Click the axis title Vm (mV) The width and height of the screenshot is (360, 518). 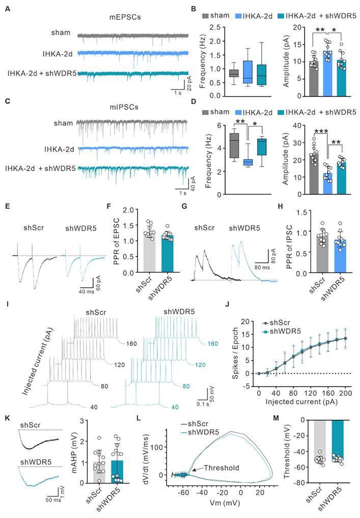click(219, 510)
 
